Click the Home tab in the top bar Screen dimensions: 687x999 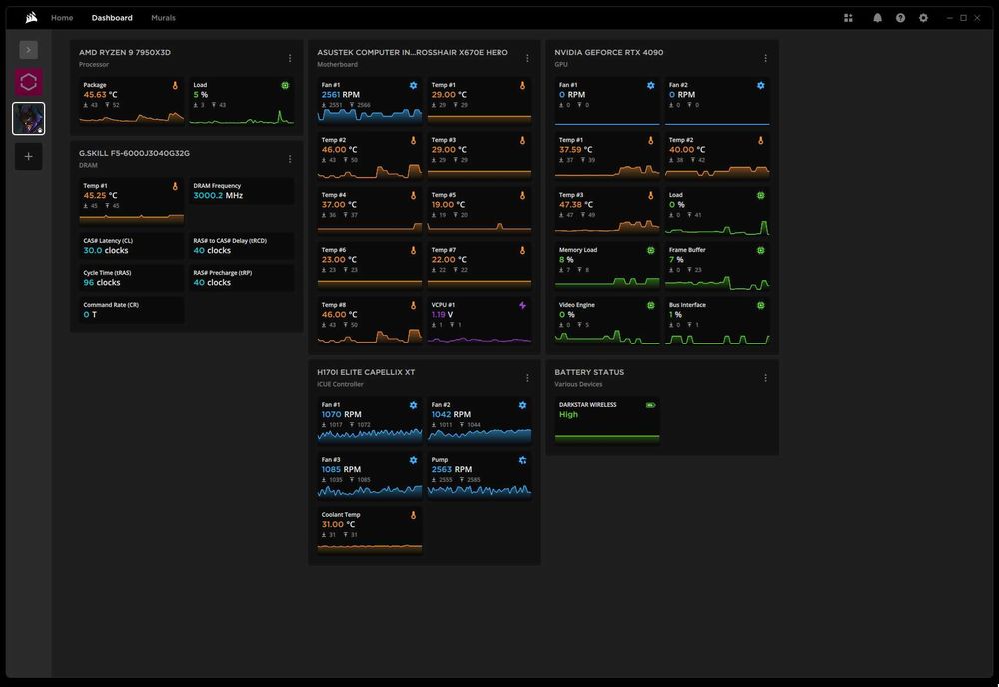(62, 18)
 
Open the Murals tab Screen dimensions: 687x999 (163, 18)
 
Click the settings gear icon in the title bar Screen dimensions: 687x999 (923, 18)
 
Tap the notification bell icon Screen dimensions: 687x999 (877, 18)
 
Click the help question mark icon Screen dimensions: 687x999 (900, 18)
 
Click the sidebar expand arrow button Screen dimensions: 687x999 (28, 50)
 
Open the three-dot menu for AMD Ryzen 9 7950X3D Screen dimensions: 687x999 (290, 58)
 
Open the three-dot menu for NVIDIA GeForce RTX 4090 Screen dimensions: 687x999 (766, 58)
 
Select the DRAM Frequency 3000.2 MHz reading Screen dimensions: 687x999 (218, 196)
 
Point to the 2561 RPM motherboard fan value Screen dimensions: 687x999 (341, 95)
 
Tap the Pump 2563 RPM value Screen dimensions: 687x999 (451, 469)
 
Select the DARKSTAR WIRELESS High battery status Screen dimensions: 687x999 (568, 414)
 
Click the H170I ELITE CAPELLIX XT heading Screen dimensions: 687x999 (366, 372)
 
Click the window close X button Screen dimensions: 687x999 (980, 18)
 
